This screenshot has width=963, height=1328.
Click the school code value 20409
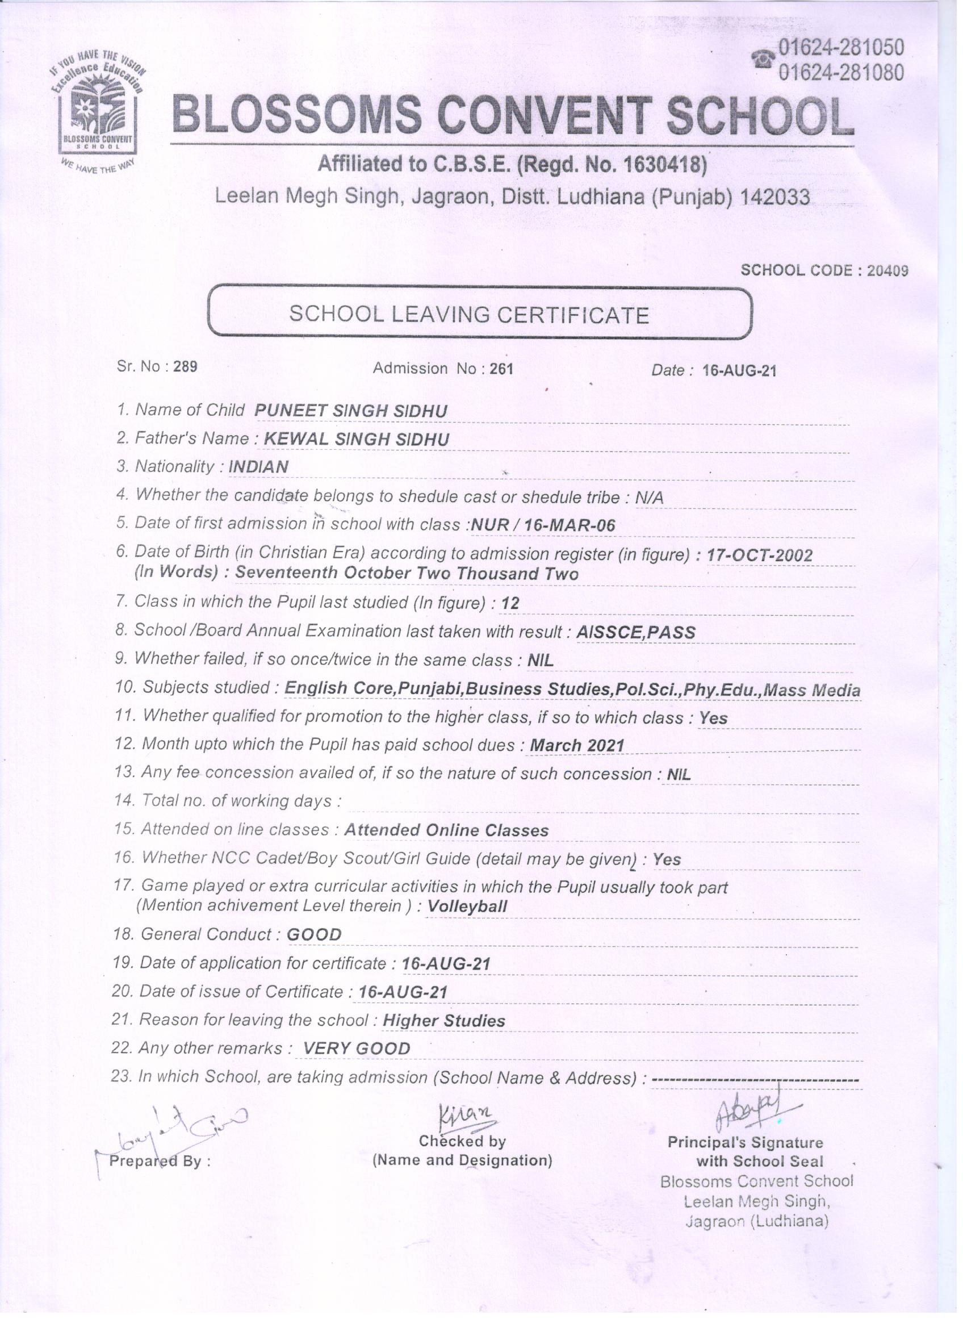tap(887, 270)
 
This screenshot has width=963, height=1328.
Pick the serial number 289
tap(185, 366)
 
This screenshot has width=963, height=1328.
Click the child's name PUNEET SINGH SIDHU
tap(351, 411)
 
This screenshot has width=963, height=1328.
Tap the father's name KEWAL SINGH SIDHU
tap(357, 439)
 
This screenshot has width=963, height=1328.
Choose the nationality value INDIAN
tap(258, 467)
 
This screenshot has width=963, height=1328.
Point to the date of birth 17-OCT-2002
tap(759, 554)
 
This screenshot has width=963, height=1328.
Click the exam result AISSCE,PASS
tap(636, 632)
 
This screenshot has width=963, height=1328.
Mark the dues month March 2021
tap(577, 745)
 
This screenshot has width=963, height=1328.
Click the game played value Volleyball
tap(467, 907)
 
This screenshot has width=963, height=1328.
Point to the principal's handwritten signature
tap(751, 1108)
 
